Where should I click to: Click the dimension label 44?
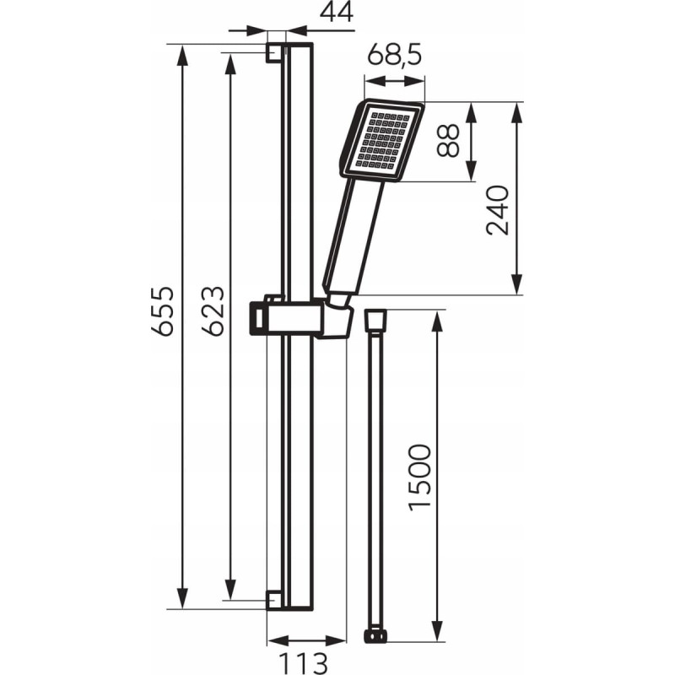[337, 12]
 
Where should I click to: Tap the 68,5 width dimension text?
[395, 54]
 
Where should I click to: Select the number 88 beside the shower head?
[448, 140]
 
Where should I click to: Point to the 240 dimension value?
[497, 210]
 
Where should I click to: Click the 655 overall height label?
[163, 310]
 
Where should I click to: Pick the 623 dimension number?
[213, 310]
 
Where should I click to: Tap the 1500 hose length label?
[419, 478]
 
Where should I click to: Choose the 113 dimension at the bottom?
[303, 663]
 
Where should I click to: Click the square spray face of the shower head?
[382, 140]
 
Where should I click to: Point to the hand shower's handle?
[353, 237]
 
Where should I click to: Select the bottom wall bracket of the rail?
[275, 600]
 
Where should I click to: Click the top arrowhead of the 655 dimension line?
[182, 55]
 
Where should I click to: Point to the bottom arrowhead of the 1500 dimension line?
[437, 631]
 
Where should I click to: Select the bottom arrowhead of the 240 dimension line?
[516, 284]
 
